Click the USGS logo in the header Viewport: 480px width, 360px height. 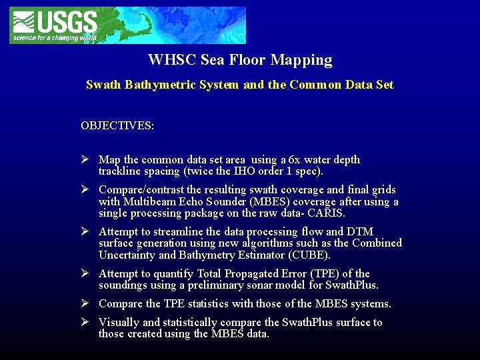pos(54,25)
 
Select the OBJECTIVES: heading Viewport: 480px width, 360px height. pos(117,125)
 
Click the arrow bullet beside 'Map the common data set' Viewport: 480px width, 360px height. pos(85,160)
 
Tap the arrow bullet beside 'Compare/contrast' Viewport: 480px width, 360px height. pos(85,190)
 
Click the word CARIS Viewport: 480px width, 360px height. pos(326,213)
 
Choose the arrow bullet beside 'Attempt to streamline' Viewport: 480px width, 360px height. pos(85,232)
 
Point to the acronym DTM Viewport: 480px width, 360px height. pos(360,232)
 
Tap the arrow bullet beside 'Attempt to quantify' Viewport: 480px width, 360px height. pos(85,274)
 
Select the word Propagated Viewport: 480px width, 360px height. pos(243,274)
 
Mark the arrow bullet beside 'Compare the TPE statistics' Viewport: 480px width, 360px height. pos(85,304)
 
